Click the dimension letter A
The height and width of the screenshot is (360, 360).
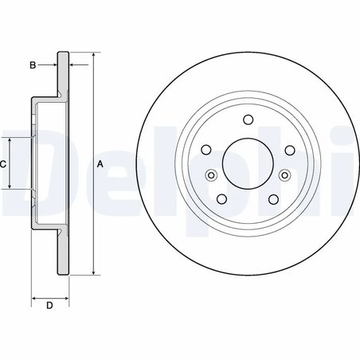tap(100, 164)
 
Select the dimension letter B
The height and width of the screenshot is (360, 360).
tap(33, 65)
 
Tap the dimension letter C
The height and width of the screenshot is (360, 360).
tap(3, 164)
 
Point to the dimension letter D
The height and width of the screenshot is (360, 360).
tap(49, 306)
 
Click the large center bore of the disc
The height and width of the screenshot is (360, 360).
tap(247, 164)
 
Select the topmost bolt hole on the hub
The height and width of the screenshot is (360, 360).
tap(247, 121)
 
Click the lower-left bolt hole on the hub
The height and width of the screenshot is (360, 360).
tap(222, 199)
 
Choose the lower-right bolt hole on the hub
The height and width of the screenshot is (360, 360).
tap(272, 199)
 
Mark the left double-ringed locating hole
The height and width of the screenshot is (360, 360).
tap(211, 176)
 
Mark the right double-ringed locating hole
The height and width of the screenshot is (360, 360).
tap(284, 176)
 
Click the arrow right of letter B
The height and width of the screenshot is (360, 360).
tap(73, 65)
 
